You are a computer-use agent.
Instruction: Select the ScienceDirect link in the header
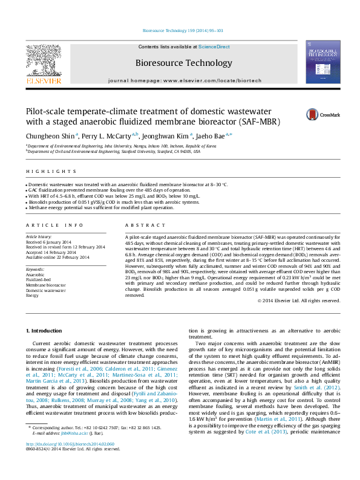coord(214,47)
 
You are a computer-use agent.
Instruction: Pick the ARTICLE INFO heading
coord(47,224)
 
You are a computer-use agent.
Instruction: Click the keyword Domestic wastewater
coord(47,290)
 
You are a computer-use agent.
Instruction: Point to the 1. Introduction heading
coord(45,331)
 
